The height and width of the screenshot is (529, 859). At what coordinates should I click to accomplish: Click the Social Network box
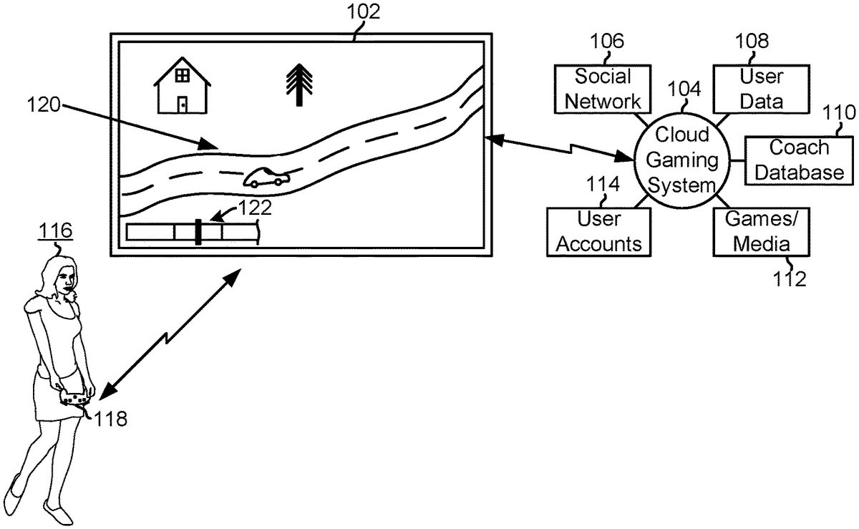tap(603, 88)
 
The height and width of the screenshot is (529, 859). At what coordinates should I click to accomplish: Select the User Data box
tap(761, 88)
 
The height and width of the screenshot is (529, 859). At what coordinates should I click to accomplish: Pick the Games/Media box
tap(762, 231)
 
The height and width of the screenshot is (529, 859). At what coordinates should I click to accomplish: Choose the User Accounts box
tap(599, 231)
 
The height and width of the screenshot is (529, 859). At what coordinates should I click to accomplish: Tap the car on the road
tap(266, 178)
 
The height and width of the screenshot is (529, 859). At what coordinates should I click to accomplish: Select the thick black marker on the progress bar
tap(198, 232)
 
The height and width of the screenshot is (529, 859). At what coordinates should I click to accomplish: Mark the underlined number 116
tap(57, 231)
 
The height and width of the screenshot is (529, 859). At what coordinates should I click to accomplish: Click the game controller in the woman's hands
tap(73, 396)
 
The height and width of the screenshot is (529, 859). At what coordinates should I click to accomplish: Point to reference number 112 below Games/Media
tap(789, 278)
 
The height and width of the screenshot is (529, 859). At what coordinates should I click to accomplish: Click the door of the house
tap(183, 104)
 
